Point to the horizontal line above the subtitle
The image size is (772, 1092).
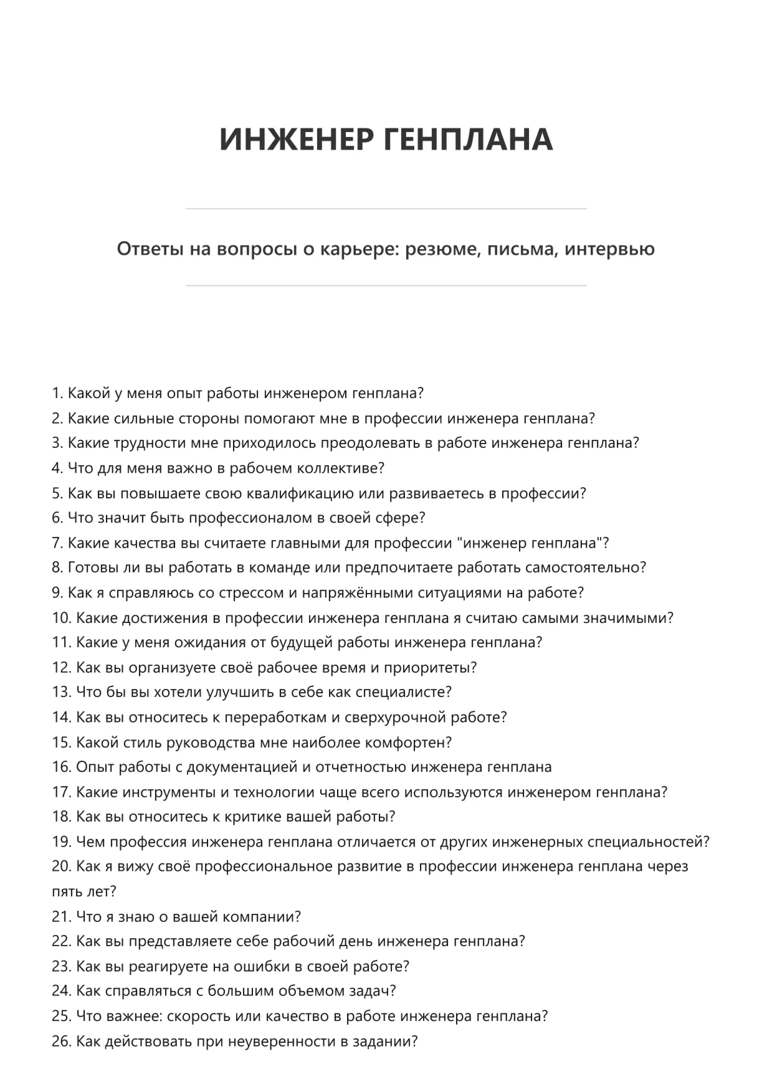point(386,209)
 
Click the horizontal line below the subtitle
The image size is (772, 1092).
point(386,286)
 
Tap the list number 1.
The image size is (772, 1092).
point(57,394)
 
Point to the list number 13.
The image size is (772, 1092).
point(61,692)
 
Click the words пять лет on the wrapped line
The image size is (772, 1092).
point(83,891)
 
